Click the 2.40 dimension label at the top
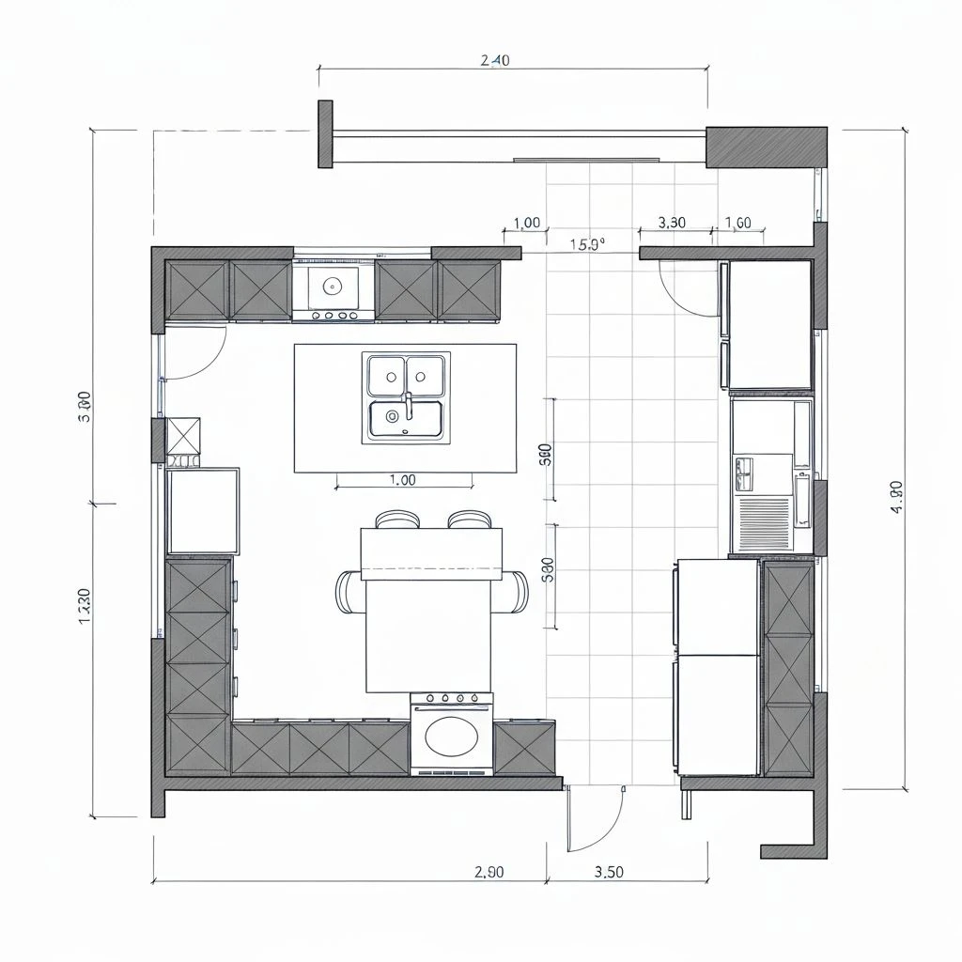(x=495, y=61)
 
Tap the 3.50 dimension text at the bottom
(x=609, y=871)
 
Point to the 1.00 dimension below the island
(x=402, y=480)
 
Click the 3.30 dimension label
(x=672, y=223)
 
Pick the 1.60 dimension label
(x=738, y=223)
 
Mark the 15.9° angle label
(x=587, y=244)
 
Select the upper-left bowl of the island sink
(x=386, y=375)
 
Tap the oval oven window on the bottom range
(x=451, y=736)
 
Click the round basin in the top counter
(x=331, y=283)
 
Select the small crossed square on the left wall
(x=183, y=436)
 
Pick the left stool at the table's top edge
(x=396, y=519)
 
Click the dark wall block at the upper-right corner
(x=766, y=147)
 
